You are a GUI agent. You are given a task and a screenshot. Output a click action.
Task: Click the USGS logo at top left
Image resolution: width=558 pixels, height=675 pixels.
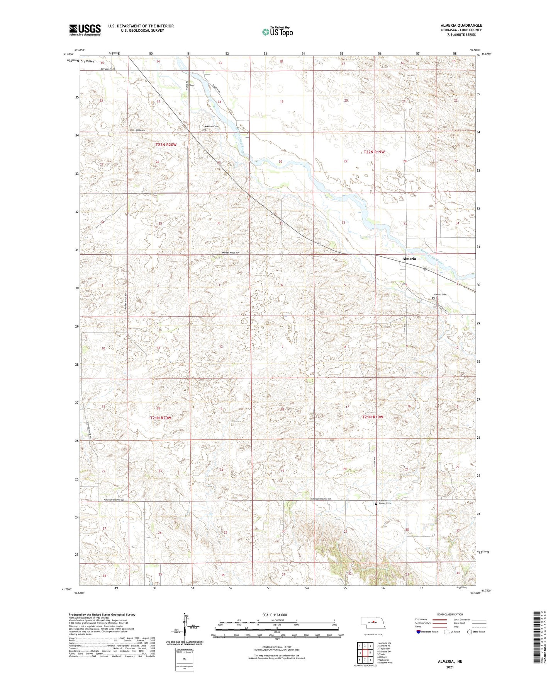point(85,30)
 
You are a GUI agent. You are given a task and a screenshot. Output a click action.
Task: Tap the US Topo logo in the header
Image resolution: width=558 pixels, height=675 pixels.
point(277,32)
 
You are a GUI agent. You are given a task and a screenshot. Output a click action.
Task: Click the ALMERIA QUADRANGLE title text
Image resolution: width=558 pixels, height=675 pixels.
point(461,26)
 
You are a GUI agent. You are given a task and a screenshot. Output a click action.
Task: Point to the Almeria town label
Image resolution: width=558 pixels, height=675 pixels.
point(409,258)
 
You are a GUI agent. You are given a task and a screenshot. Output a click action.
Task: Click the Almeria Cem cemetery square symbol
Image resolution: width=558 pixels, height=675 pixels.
point(433,298)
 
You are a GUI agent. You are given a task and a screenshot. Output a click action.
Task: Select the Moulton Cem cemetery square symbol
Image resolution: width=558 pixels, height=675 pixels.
point(205,130)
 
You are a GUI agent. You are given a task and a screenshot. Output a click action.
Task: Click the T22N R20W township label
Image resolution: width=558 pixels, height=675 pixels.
point(166,145)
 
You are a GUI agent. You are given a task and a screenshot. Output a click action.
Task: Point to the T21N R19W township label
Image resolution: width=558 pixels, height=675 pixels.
point(373,417)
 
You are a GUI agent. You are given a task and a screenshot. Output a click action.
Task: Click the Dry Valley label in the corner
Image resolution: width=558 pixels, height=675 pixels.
point(87,61)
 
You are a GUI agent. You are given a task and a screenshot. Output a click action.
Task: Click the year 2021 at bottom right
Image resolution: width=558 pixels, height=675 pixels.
point(450,667)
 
